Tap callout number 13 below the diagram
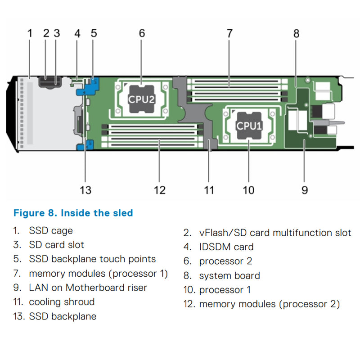(x=85, y=190)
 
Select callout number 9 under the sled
(x=305, y=190)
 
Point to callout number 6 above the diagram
(x=142, y=33)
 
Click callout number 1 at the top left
(x=30, y=33)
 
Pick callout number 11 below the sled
(x=209, y=190)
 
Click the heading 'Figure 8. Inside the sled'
(x=73, y=212)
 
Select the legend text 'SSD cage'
(x=51, y=231)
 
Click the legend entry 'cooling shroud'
(x=62, y=302)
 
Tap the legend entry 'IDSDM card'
(x=226, y=247)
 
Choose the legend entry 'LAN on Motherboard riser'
(x=88, y=288)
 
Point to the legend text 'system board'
(x=229, y=275)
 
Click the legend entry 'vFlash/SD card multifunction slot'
(x=275, y=233)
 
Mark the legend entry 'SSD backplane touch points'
(x=92, y=259)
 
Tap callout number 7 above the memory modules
(x=229, y=33)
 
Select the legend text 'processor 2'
(x=225, y=261)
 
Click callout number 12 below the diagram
(x=160, y=190)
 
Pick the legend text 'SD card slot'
(x=56, y=245)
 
